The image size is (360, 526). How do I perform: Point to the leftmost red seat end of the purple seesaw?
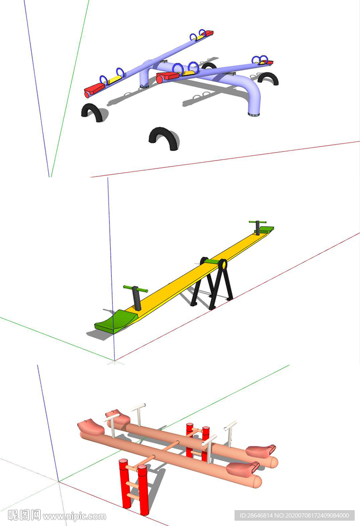(x=94, y=90)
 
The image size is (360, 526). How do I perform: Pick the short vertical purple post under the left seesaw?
(x=145, y=78)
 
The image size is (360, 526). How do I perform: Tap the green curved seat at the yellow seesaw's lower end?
(x=115, y=321)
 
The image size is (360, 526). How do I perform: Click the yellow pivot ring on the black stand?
(x=222, y=265)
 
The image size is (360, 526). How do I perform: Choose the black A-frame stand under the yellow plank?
(x=212, y=284)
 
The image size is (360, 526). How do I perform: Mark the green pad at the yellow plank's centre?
(x=212, y=261)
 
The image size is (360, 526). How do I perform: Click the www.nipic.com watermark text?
(x=74, y=516)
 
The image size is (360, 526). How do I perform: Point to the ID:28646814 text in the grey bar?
(x=256, y=515)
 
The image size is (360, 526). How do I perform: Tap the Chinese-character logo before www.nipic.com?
(x=24, y=515)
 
